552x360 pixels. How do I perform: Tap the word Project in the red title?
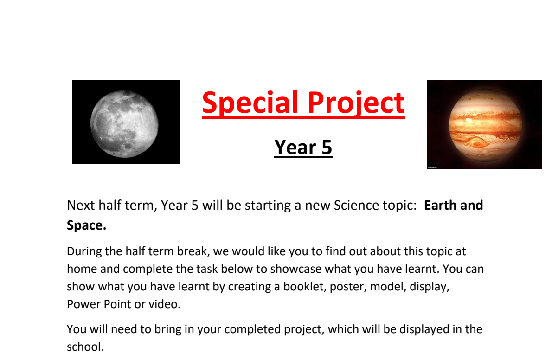(355, 103)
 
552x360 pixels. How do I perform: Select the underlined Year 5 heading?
(303, 147)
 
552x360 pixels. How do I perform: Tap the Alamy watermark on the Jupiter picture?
(432, 167)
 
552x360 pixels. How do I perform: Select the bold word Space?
(86, 225)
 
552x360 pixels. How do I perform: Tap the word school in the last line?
(85, 347)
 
